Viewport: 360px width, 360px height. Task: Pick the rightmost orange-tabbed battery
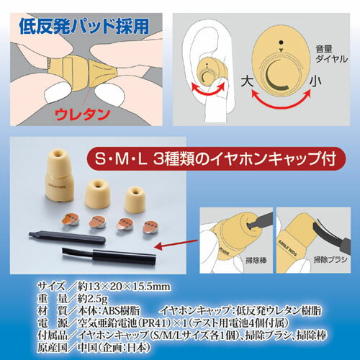point(149,229)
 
